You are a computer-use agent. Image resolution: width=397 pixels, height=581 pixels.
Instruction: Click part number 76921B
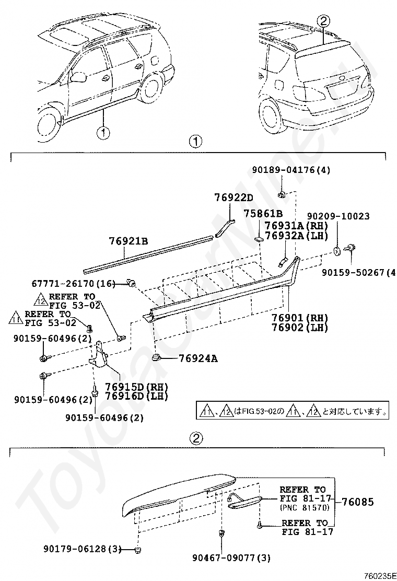[x=129, y=241]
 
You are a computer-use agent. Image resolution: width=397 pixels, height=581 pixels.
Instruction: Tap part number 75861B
[x=263, y=214]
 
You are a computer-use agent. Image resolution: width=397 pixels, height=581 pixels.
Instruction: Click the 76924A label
[x=198, y=358]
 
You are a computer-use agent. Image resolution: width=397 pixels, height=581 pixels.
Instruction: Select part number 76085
[x=358, y=502]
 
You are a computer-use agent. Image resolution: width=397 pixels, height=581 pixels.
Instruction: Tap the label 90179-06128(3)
[x=83, y=549]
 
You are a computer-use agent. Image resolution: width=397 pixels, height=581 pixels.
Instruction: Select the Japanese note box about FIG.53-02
[x=293, y=411]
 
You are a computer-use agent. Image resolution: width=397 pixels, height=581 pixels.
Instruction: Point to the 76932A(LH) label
[x=296, y=235]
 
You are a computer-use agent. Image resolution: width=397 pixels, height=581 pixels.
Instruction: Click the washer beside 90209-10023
[x=337, y=251]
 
